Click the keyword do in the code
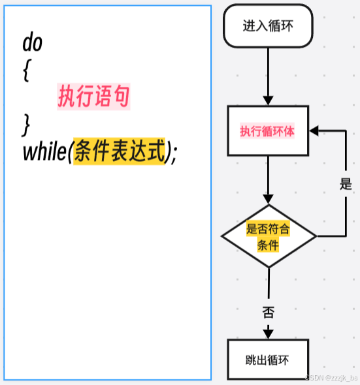32,43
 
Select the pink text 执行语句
93,97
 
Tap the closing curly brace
26,123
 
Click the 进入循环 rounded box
268,26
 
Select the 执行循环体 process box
268,131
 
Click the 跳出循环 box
268,360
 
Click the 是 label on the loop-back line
346,184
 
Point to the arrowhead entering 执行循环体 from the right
314,131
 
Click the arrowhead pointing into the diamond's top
268,199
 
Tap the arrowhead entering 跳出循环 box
268,334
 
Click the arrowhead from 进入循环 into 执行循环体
268,100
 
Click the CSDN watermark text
331,378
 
